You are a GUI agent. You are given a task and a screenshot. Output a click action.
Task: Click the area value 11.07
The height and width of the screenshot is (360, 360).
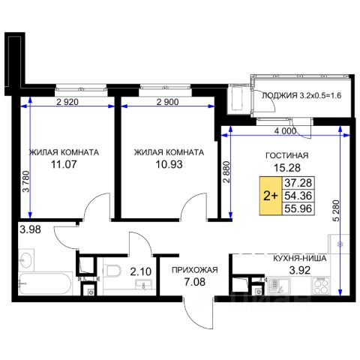click(64, 164)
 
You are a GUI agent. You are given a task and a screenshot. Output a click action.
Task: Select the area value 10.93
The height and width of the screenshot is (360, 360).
click(169, 164)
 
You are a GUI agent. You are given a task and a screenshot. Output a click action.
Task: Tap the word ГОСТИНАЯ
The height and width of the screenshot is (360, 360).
click(286, 155)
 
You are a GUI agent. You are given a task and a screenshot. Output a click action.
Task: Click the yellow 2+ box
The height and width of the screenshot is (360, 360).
click(271, 196)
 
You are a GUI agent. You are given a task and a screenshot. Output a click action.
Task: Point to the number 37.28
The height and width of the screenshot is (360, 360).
click(298, 183)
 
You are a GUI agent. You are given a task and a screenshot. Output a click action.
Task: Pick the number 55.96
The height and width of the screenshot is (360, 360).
click(298, 208)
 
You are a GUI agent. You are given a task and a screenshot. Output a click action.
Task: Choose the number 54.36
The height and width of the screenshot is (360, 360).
click(298, 196)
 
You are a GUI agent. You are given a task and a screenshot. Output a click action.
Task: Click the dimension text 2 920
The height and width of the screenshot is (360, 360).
click(67, 102)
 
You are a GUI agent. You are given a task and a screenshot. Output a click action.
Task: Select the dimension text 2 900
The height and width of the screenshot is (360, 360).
click(167, 102)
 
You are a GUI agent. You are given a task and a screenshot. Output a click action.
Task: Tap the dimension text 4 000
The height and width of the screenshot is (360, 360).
click(285, 130)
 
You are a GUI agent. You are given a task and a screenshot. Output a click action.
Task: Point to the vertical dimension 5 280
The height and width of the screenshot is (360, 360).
click(337, 211)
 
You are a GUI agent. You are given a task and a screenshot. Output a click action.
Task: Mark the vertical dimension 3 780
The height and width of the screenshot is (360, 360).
click(26, 181)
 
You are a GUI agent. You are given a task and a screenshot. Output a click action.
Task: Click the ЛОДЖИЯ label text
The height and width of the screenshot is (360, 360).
click(280, 95)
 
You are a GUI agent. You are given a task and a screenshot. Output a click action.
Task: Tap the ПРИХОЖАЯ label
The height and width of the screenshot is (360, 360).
click(195, 270)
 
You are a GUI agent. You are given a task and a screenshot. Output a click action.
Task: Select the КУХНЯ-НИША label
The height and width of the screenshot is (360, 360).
click(300, 259)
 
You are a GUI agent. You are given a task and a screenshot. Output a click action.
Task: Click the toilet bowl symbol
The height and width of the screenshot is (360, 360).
click(112, 271)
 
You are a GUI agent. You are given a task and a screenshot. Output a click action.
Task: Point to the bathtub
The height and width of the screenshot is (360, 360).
click(45, 283)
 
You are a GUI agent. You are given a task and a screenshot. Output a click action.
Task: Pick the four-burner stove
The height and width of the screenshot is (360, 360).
click(321, 286)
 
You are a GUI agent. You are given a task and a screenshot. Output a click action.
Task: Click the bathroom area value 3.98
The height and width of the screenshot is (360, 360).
click(30, 229)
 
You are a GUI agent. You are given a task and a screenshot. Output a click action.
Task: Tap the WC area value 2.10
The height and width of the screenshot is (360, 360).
click(141, 271)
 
